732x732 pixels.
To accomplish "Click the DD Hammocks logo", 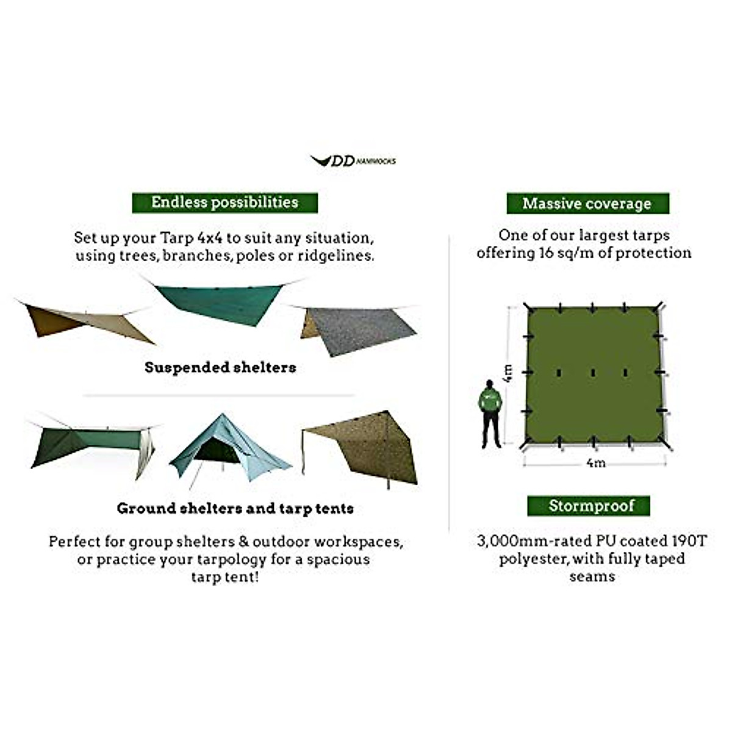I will pos(353,160).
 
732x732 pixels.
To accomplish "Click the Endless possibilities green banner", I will pos(224,203).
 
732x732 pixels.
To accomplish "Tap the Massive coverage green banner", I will pos(587,204).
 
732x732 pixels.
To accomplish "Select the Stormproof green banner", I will pos(589,506).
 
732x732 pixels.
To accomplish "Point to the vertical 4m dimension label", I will pos(508,372).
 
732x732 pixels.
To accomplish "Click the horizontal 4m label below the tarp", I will pos(595,463).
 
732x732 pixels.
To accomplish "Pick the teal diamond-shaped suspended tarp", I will pos(220,302).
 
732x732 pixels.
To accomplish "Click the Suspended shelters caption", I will pos(220,367).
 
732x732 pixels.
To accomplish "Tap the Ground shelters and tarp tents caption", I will pos(235,508).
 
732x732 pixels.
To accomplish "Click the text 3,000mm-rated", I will pos(528,541).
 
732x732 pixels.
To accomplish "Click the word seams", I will pos(592,576).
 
